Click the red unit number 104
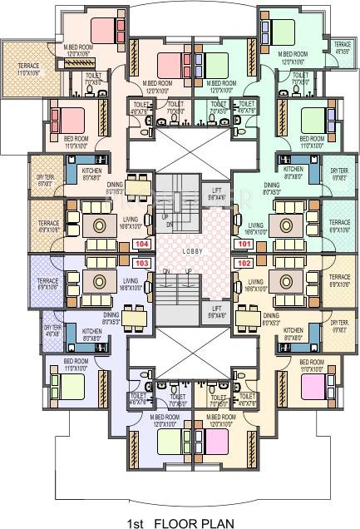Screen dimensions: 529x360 142,245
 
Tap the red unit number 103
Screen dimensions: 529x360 142,262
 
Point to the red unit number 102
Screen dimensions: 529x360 244,262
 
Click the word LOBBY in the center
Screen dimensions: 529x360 193,250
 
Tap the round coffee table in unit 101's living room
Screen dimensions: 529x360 287,224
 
